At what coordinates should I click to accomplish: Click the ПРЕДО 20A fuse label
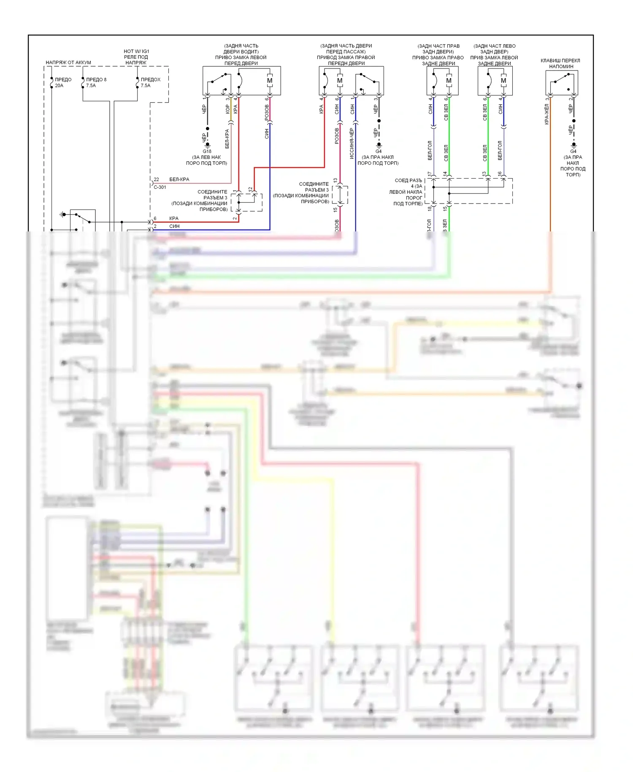63,82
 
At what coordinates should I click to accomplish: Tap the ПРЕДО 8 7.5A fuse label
96,82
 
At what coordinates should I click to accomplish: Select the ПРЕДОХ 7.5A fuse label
150,82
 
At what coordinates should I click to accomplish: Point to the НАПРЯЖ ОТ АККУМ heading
68,63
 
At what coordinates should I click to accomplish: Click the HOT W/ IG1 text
136,51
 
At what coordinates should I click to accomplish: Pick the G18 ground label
207,151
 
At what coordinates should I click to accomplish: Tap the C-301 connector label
160,187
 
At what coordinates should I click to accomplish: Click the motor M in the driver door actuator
270,81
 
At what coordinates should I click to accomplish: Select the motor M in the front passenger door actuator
340,81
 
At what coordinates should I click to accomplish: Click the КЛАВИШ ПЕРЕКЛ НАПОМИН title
560,63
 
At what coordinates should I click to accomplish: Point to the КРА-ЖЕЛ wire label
546,114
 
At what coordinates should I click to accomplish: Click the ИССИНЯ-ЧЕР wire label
352,144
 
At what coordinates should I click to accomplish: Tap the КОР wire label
228,109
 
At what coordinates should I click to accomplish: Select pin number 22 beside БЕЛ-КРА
156,179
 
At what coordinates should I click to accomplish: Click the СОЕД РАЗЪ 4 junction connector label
407,192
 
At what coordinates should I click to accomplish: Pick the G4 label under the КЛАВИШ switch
573,151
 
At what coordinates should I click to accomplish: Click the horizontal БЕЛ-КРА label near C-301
179,179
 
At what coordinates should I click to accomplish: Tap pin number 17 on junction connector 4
430,174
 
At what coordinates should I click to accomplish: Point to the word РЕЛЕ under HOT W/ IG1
130,57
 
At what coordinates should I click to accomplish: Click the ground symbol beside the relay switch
63,215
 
